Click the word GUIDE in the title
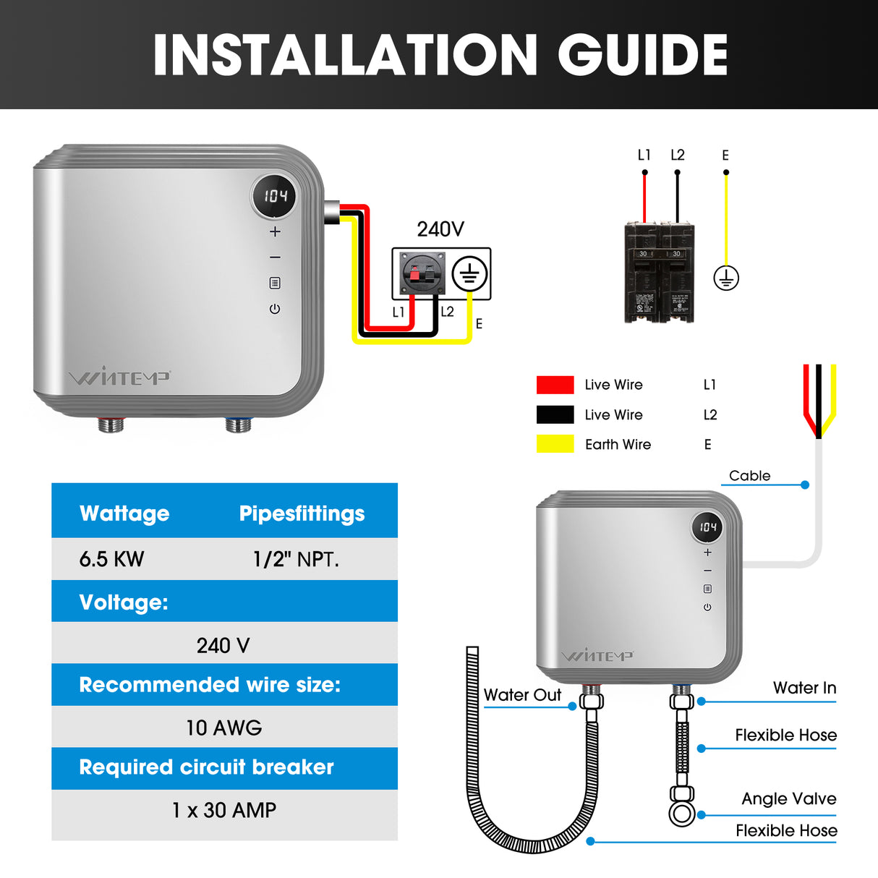pos(642,56)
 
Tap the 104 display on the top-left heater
pos(274,196)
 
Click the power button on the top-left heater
pos(275,309)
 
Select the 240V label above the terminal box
pos(440,229)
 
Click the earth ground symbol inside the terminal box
pos(469,275)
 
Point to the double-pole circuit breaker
pos(659,272)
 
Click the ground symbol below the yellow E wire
pos(725,278)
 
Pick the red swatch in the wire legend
pos(555,385)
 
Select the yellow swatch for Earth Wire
pos(555,444)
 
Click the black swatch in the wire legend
pos(555,414)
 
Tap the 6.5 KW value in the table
pos(111,559)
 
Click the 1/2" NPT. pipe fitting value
pos(296,559)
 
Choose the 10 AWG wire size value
pos(223,728)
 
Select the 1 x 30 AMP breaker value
pos(223,810)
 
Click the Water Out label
pos(522,695)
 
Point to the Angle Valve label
pos(788,798)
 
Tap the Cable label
pos(749,476)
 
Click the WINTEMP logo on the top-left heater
pos(119,378)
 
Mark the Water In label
pos(804,688)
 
